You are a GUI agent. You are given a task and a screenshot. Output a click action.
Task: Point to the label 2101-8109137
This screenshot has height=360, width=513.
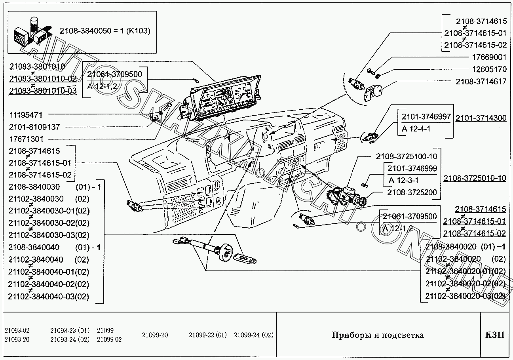34,127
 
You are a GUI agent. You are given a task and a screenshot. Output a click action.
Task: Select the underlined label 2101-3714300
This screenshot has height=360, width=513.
481,118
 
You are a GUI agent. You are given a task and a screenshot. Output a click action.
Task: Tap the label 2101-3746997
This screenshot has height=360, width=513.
426,117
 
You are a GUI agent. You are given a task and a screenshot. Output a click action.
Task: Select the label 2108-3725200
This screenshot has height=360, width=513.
412,192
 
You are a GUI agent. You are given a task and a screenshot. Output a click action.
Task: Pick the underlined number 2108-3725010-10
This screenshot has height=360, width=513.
475,178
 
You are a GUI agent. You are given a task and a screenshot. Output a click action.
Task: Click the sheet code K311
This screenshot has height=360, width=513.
495,335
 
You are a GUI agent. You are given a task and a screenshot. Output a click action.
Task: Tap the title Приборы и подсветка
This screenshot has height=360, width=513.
377,335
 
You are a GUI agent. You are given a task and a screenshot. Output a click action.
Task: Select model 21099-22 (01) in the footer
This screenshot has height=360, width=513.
208,335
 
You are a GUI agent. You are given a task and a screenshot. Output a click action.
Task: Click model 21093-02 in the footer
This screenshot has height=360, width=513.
17,331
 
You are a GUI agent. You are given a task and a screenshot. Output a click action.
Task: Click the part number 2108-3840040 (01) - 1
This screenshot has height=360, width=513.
54,248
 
